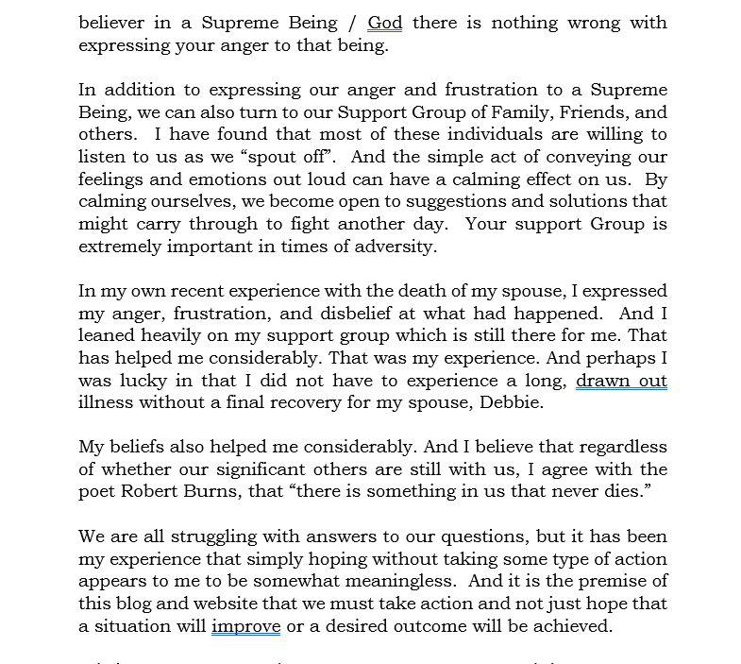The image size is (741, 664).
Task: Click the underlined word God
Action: (x=385, y=23)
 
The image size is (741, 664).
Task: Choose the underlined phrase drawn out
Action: (x=621, y=381)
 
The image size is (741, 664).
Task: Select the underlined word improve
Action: (x=245, y=626)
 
